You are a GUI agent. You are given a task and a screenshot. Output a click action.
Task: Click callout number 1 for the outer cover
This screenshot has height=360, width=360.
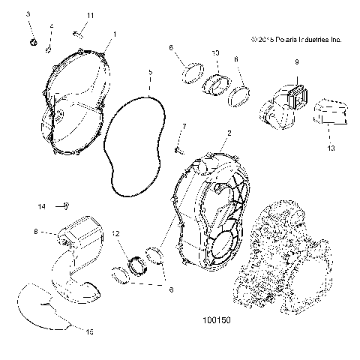[x=115, y=34]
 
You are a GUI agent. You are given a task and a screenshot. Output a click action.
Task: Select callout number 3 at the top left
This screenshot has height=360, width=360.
[x=29, y=14]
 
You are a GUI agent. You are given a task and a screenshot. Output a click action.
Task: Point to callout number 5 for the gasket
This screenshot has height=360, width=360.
[x=150, y=73]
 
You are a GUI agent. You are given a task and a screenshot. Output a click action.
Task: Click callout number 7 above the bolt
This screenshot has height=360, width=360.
[x=184, y=127]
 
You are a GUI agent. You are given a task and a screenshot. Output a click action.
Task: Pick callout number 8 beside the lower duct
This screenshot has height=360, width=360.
[x=35, y=233]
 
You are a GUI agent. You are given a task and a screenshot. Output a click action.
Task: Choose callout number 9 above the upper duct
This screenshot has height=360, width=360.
[x=296, y=61]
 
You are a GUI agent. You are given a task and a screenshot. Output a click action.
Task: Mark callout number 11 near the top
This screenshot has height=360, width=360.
[x=90, y=16]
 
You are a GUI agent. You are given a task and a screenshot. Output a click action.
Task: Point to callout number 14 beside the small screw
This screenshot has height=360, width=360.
[x=42, y=205]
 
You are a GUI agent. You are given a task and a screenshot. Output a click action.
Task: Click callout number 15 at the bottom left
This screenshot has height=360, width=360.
[x=90, y=330]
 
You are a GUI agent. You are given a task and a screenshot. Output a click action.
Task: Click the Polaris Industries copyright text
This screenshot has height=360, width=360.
[x=296, y=38]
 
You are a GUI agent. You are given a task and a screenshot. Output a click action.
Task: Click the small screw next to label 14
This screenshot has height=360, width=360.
[x=67, y=204]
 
